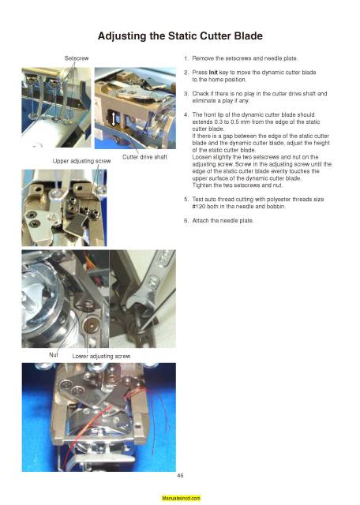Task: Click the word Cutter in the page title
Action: pos(214,36)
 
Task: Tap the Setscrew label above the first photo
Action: pos(77,58)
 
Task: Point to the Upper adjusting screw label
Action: pos(81,161)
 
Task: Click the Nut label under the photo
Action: pos(54,354)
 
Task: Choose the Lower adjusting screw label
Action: pos(101,357)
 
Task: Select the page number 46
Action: pos(181,474)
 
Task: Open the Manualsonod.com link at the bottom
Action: pos(181,499)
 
